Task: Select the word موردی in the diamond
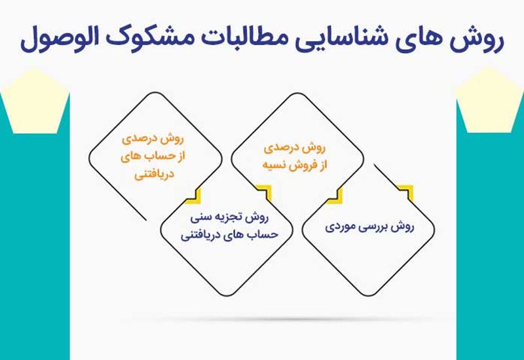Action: tap(343, 227)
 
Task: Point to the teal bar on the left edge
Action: tap(33, 262)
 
